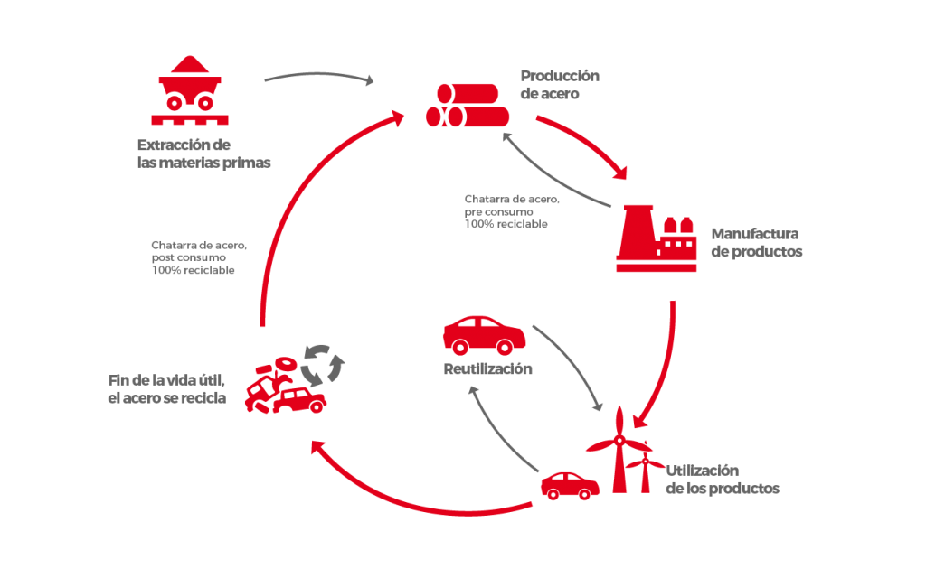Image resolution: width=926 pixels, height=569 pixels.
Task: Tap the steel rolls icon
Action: [468, 106]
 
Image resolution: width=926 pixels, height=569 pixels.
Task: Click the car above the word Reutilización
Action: [484, 335]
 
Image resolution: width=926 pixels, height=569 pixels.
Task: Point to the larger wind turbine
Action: [619, 449]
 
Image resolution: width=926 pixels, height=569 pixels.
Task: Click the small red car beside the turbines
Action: [570, 485]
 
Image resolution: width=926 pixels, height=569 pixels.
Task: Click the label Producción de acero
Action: [560, 84]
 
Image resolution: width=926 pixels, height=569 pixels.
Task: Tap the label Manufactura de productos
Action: [756, 243]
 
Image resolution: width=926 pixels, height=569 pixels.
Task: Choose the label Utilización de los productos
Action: [722, 480]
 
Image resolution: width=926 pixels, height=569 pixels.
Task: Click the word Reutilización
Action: [487, 368]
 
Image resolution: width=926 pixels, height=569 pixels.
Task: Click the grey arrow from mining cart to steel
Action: [318, 75]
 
